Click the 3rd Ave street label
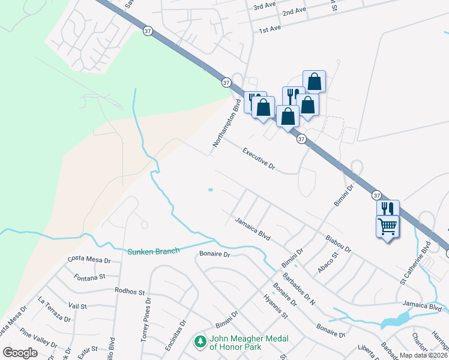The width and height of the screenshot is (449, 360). point(265,7)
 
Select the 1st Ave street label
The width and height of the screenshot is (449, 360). point(270,29)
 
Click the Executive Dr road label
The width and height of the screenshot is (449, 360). point(258,158)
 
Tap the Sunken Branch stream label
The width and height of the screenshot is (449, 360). point(153,251)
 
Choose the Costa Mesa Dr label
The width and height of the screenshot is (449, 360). point(89,259)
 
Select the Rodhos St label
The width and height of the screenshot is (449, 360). point(134,292)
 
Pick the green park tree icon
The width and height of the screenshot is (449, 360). point(199,342)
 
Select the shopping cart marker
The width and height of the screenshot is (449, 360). point(387,226)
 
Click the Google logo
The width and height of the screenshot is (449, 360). point(20,352)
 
